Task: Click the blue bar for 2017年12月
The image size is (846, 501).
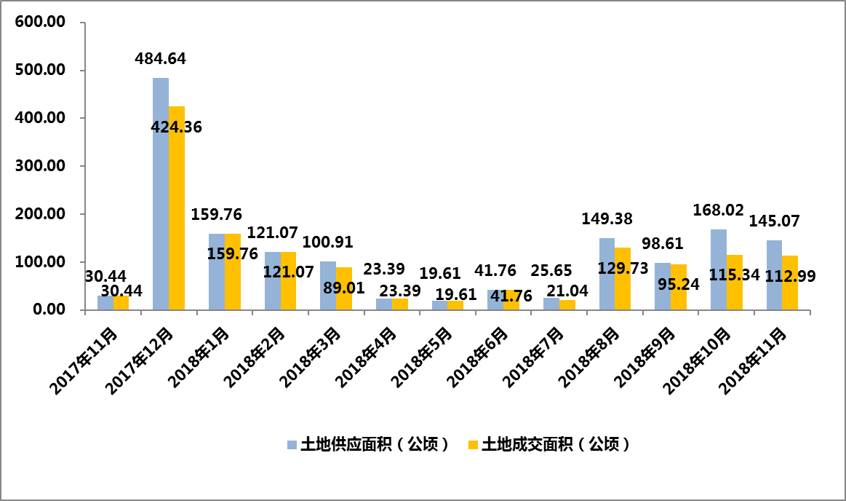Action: (x=161, y=194)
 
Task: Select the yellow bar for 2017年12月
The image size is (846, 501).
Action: (x=177, y=208)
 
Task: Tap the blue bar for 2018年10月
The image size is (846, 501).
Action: (x=719, y=269)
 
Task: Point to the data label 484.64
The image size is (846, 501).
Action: (x=161, y=59)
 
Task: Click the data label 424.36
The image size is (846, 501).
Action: (x=177, y=127)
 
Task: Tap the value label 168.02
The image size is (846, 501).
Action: (x=719, y=211)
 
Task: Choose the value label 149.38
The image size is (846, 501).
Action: (x=607, y=218)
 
